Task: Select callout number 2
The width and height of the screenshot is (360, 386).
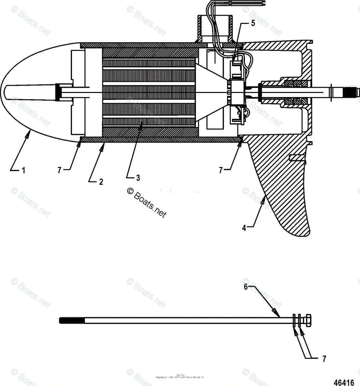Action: click(x=101, y=182)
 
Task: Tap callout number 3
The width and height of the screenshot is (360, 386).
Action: click(x=137, y=178)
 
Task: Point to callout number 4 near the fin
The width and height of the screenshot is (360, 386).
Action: click(x=244, y=228)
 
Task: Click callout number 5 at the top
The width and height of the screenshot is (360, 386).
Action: click(x=253, y=23)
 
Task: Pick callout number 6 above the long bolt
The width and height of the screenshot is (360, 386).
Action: click(x=246, y=287)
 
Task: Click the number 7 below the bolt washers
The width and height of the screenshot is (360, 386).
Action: click(x=324, y=358)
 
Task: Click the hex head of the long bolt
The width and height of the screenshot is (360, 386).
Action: click(x=307, y=320)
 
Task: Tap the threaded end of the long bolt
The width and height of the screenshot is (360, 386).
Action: click(x=72, y=320)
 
